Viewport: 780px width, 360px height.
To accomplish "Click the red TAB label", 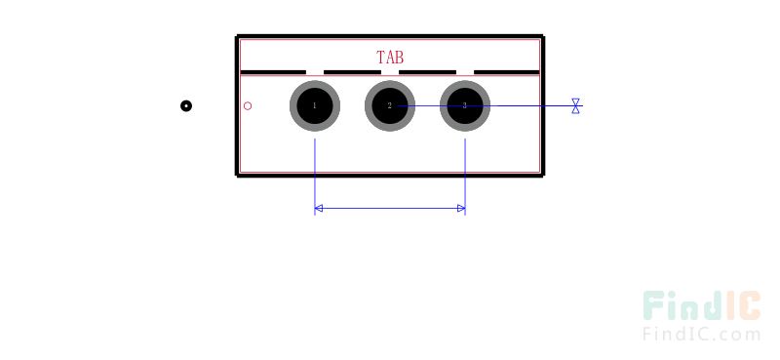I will pos(390,58).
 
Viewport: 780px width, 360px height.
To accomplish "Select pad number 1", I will pos(315,105).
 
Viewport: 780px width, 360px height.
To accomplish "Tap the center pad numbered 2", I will pos(390,105).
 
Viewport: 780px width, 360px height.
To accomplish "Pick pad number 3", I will pos(464,105).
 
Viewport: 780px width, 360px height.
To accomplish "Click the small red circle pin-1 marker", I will pos(248,105).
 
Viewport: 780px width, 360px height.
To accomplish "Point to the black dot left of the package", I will pos(186,105).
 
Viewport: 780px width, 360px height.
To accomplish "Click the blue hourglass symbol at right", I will pos(575,105).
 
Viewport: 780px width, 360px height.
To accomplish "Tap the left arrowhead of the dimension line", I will pos(319,208).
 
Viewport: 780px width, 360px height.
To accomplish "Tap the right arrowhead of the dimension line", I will pos(460,208).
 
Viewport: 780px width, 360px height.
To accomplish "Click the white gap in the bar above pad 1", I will pos(315,72).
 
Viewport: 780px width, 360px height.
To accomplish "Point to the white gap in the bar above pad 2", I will pos(390,72).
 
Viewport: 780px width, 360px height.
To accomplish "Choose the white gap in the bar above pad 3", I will pos(465,72).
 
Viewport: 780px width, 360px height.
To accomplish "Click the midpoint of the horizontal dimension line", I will pos(390,208).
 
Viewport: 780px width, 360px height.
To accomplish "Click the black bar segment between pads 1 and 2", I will pos(352,72).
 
